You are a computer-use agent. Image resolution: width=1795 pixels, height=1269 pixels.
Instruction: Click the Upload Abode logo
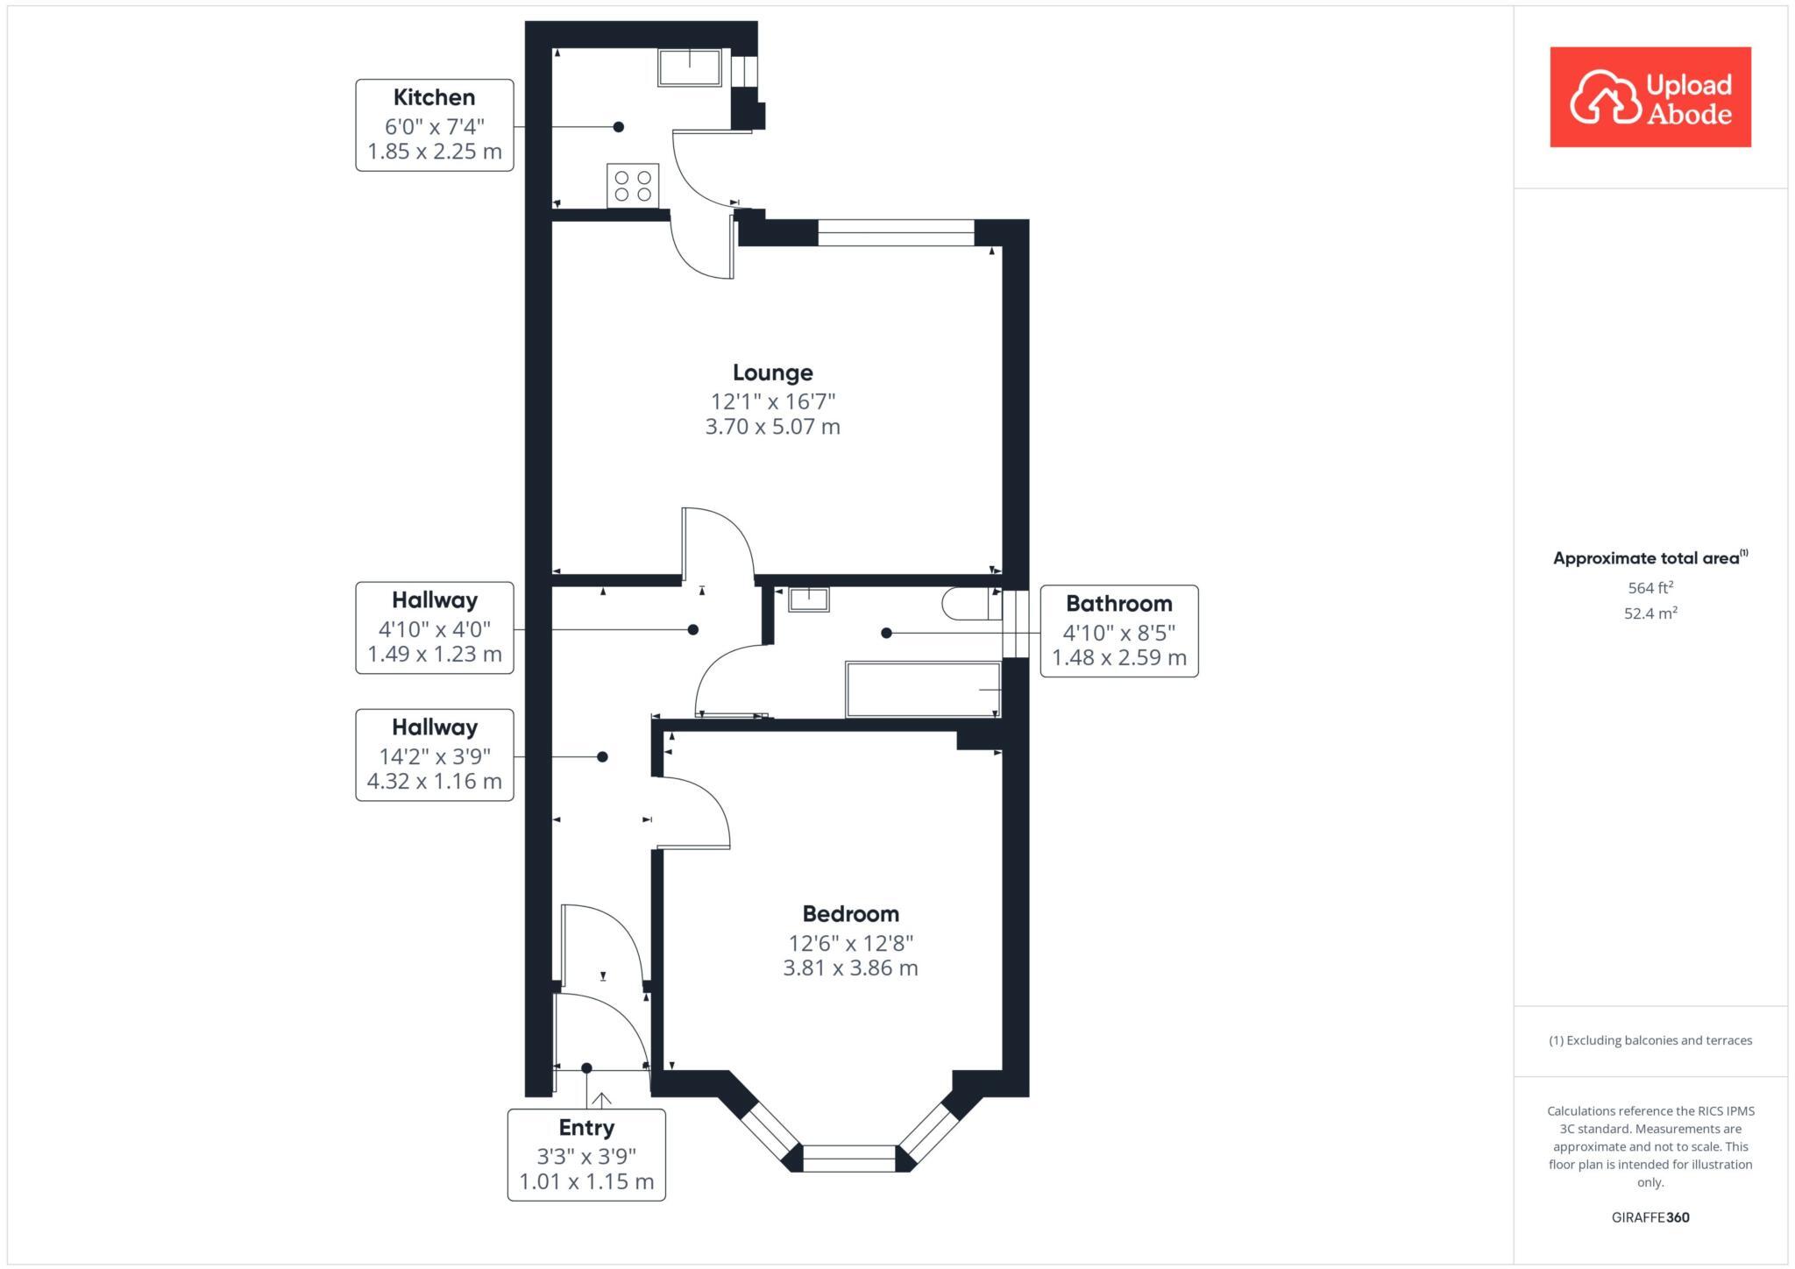point(1650,97)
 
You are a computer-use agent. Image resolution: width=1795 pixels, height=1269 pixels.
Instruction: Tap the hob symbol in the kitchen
point(632,186)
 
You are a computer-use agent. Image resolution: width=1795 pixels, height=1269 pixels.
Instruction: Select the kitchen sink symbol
point(690,67)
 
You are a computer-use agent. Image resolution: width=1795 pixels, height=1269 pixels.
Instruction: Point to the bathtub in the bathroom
point(922,690)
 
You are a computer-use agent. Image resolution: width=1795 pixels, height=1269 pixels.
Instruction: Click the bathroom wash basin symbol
point(808,599)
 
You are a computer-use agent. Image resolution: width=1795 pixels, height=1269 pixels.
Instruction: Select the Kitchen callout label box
point(434,124)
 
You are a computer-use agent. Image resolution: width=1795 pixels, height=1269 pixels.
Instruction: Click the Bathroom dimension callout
point(1118,631)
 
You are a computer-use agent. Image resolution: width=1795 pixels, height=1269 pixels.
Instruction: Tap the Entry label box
point(586,1154)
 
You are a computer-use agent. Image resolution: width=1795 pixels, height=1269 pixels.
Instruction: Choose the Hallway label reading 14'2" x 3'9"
point(434,755)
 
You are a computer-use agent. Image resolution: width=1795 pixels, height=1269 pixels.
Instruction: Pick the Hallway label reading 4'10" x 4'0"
point(434,627)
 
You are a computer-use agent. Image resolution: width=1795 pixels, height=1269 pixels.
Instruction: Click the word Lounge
point(772,372)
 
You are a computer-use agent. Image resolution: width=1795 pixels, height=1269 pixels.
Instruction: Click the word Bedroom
point(850,914)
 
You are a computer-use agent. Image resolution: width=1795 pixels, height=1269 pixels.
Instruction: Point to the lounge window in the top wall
point(896,232)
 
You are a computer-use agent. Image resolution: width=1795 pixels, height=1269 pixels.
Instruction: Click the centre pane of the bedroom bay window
point(848,1158)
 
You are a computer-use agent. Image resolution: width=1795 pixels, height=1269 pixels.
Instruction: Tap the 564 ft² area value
point(1650,588)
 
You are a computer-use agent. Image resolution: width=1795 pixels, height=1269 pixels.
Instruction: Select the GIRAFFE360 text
point(1650,1217)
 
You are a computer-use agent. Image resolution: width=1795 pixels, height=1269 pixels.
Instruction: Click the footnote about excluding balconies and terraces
point(1650,1040)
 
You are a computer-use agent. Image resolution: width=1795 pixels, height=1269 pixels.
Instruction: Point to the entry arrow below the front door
point(601,1099)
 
